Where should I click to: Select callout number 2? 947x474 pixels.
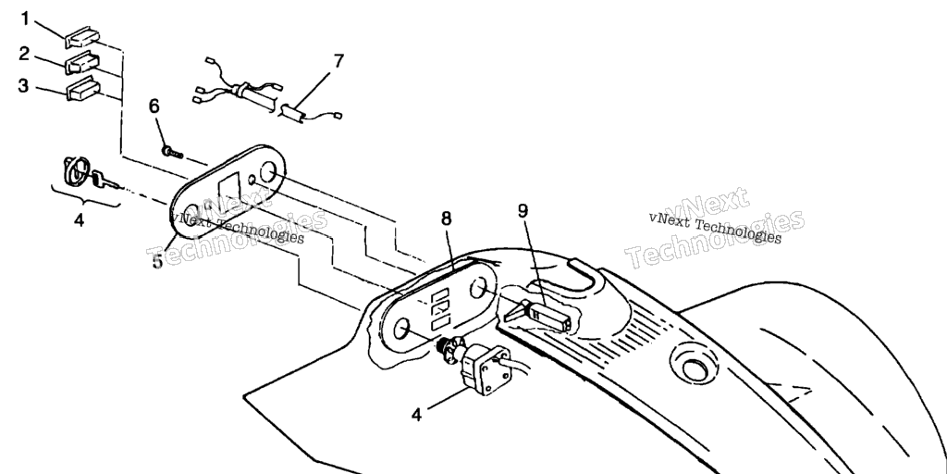point(24,53)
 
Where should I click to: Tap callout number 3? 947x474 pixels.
point(24,86)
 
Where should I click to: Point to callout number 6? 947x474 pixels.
point(154,106)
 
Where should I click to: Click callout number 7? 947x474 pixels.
point(338,62)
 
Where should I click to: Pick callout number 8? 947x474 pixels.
point(447,218)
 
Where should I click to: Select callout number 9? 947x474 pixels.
point(523,211)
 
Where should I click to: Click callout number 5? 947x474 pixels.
point(158,261)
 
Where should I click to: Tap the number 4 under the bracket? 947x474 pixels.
point(79,220)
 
